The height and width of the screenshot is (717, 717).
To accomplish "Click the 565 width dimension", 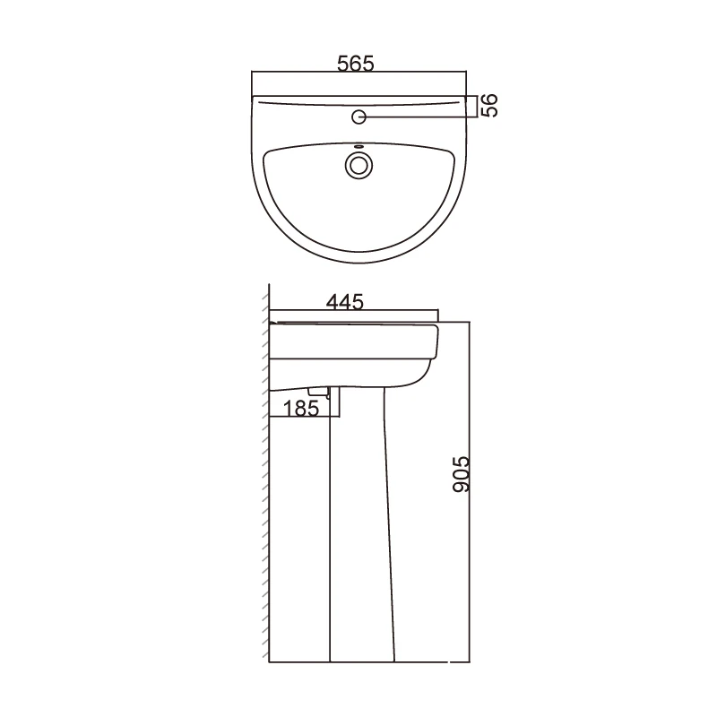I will tap(356, 64).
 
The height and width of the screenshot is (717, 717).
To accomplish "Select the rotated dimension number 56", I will tap(488, 105).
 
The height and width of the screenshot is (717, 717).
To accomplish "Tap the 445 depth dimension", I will tap(344, 302).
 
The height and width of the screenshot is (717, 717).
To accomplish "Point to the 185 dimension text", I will tap(301, 409).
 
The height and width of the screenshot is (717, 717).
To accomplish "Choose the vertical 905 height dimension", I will tap(460, 472).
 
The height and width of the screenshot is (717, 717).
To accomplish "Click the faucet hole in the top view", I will tap(359, 117).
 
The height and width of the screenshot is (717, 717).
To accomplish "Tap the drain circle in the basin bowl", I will tap(359, 166).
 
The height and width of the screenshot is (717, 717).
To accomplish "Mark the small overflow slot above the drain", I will tap(359, 147).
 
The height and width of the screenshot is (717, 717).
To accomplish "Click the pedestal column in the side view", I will tap(359, 538).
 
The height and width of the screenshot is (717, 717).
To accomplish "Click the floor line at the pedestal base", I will tap(358, 662).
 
